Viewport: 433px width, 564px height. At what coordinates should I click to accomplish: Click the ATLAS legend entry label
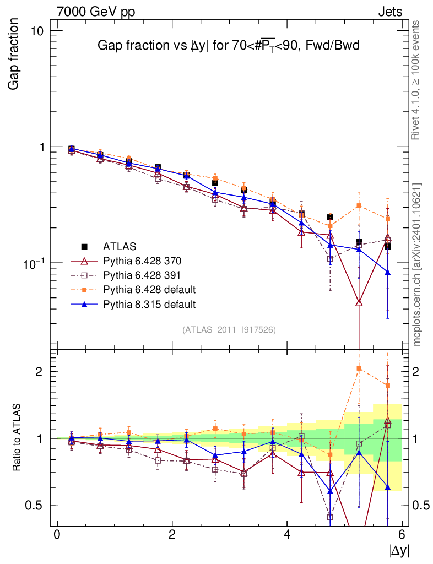[120, 246]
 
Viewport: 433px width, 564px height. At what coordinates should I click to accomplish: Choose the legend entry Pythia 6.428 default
[150, 289]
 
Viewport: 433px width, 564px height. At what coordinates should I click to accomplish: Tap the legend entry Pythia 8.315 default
[150, 303]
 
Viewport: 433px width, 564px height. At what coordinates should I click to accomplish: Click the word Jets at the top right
[390, 12]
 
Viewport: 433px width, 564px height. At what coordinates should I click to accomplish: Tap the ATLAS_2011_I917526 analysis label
[229, 329]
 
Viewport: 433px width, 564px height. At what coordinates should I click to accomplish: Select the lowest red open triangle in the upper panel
[359, 302]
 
